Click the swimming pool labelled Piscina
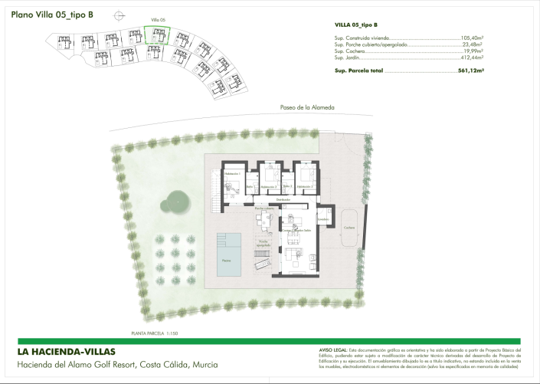point(229,253)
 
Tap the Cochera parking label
point(349,228)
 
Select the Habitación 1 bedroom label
point(232,175)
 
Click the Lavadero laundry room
point(324,219)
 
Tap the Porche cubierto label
point(264,208)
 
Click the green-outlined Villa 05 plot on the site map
point(156,37)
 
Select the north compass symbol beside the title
point(117,15)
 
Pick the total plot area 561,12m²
point(470,70)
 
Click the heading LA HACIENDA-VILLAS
point(66,352)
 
